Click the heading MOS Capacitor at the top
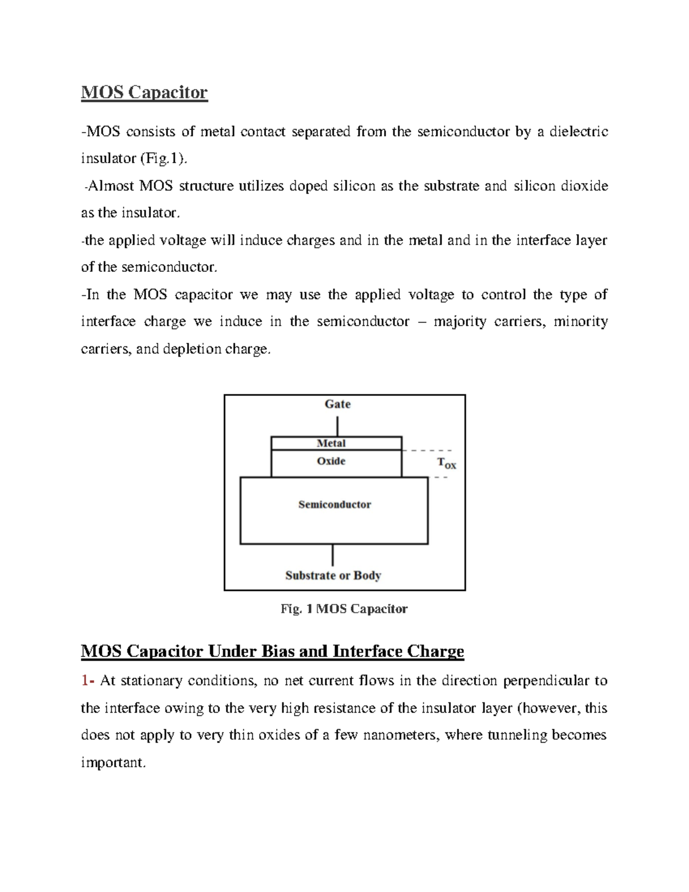(144, 92)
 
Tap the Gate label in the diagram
(337, 404)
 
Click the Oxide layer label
(331, 461)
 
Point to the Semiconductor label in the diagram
(334, 504)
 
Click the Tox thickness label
(446, 463)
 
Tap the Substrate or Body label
(333, 575)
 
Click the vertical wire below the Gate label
(338, 426)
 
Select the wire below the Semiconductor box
(333, 555)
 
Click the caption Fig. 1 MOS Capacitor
(344, 609)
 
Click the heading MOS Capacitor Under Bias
(272, 651)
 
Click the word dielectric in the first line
(578, 132)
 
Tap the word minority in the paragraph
(580, 321)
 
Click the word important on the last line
(113, 762)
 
